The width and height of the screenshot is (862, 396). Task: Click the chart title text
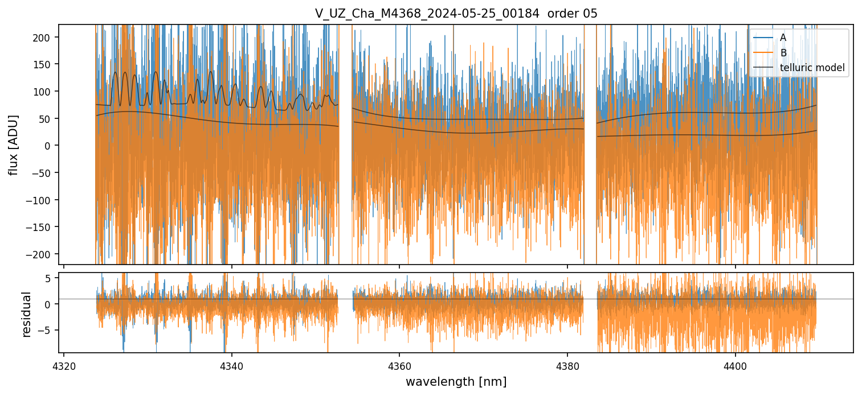tap(456, 14)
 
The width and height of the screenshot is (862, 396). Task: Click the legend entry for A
tap(783, 38)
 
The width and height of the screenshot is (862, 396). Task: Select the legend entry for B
tap(783, 53)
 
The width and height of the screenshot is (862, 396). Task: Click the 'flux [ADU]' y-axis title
tap(13, 145)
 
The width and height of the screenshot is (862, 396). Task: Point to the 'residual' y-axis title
tap(26, 313)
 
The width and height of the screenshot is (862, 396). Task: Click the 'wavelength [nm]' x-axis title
tap(456, 381)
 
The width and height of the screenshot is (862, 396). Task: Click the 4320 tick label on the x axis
tap(64, 364)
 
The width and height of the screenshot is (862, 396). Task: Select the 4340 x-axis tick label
tap(231, 364)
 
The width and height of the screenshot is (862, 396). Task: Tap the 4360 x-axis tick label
tap(399, 364)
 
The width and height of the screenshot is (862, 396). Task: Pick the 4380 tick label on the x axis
tap(567, 364)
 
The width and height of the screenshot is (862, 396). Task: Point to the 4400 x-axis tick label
tap(735, 364)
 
